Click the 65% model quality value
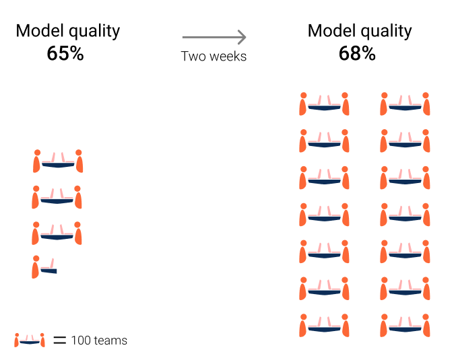[65, 54]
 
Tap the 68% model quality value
[357, 54]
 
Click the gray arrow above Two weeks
[214, 38]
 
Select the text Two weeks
[214, 57]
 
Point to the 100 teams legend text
[99, 340]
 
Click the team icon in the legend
[30, 340]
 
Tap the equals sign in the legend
[60, 340]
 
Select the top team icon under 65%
[58, 161]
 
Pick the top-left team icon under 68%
[324, 104]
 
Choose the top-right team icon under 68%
[405, 104]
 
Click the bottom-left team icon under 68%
[324, 326]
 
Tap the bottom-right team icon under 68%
[405, 326]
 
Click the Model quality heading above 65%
[68, 31]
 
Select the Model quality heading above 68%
[360, 31]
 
